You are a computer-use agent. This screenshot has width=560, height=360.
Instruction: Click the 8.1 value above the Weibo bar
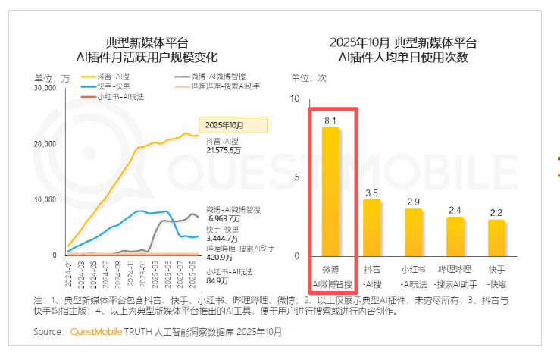330,120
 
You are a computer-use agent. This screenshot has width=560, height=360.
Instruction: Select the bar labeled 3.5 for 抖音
372,227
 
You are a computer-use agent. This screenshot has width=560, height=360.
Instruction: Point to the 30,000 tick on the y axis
45,89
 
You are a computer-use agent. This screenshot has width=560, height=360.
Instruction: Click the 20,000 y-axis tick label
45,144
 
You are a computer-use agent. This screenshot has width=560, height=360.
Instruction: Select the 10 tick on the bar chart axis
296,99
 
